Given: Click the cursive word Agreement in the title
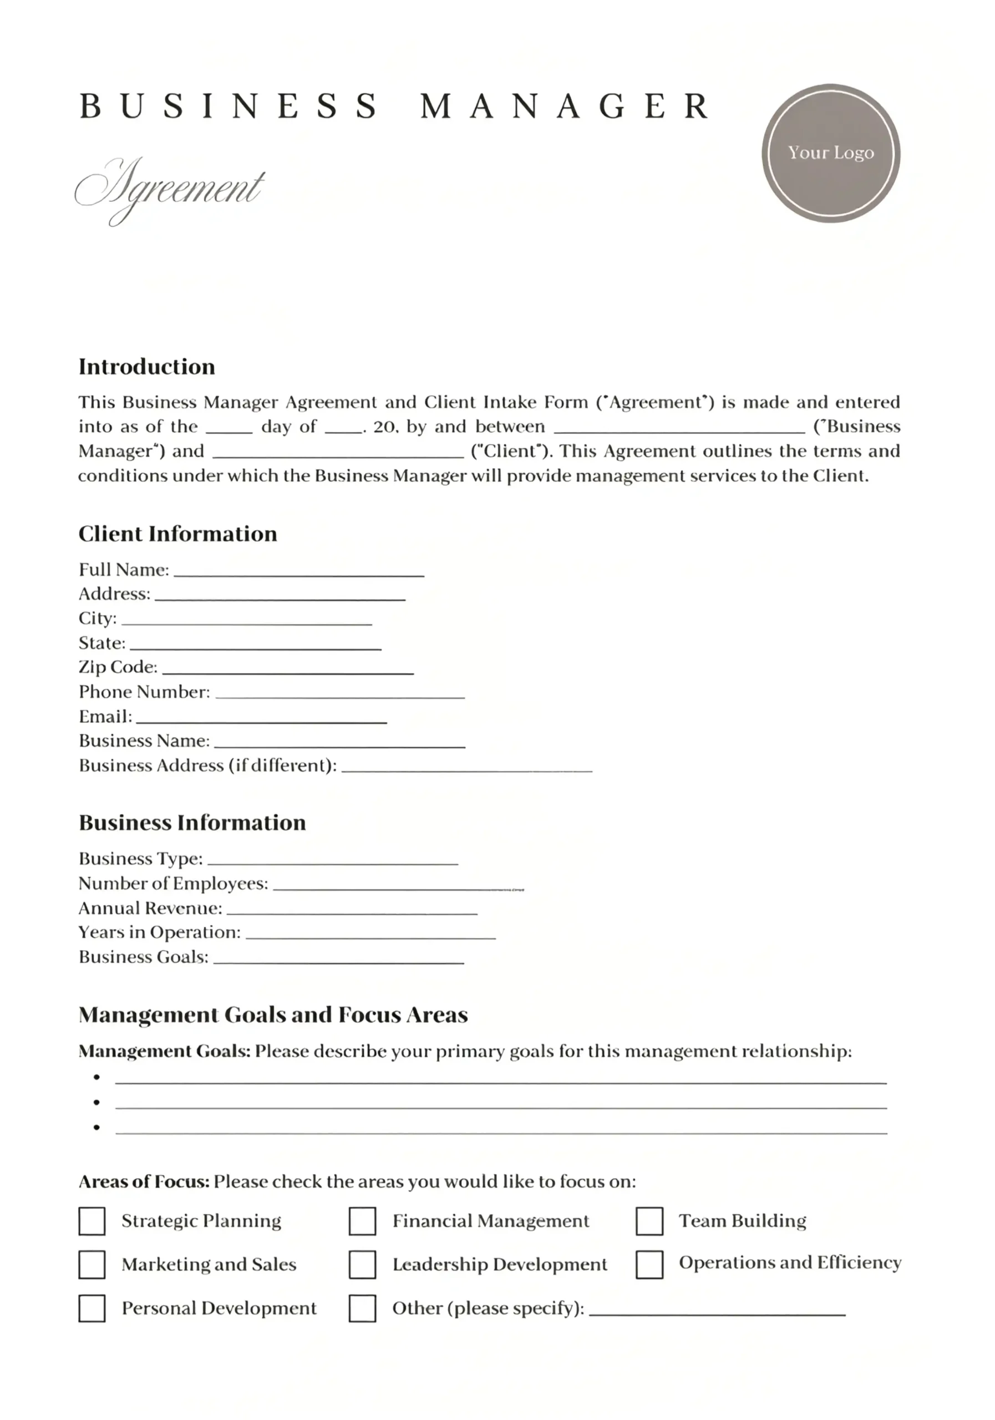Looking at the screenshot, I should (x=170, y=188).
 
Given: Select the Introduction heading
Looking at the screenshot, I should (x=146, y=367).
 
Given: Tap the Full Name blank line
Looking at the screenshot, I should (x=299, y=572).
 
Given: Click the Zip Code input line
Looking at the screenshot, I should (x=287, y=669).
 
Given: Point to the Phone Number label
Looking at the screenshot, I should (x=144, y=692).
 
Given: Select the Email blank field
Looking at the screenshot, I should (x=262, y=719).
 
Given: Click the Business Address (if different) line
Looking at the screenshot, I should (x=467, y=768).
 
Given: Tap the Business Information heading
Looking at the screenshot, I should (x=192, y=823).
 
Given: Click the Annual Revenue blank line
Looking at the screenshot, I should (x=352, y=910).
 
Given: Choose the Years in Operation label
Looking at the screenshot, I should (x=160, y=932).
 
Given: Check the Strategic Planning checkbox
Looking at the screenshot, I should (x=92, y=1221).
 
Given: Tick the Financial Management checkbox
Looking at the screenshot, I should (x=362, y=1221).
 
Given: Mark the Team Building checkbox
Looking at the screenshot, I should (x=649, y=1221).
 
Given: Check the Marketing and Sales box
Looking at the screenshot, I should (x=92, y=1265).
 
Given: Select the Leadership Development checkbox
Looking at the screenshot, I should (x=362, y=1265).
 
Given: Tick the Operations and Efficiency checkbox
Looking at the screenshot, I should (x=649, y=1265).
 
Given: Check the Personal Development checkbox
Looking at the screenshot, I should (x=92, y=1309).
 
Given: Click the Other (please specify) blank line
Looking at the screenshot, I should (x=717, y=1311).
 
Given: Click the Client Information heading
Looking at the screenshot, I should (x=177, y=534).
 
